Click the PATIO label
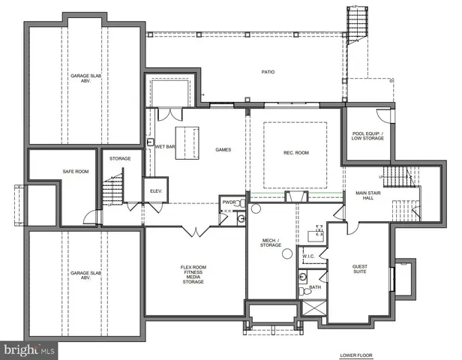[x=268, y=73]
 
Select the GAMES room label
[x=222, y=149]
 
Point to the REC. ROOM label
[x=295, y=153]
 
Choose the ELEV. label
[x=156, y=190]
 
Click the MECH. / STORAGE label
[x=270, y=243]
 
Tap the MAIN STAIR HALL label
[x=370, y=196]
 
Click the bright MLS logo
[x=28, y=349]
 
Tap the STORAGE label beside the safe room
[x=120, y=158]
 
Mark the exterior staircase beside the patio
[x=355, y=22]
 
